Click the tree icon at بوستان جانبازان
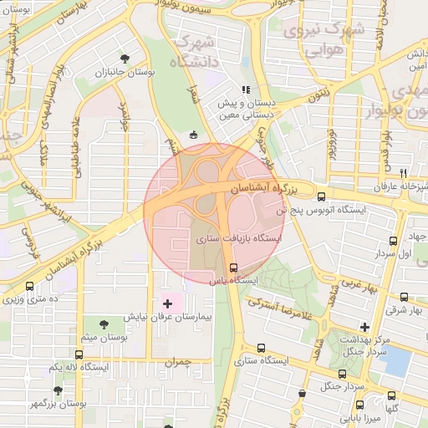pos(125,59)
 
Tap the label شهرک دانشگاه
pos(192,52)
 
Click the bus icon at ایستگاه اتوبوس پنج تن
pos(322,197)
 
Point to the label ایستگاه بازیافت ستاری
pos(240,239)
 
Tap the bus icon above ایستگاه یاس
pos(233,267)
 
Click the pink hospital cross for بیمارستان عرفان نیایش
pos(167,302)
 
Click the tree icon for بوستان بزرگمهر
pos(58,390)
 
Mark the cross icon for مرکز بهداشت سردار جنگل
pos(364,327)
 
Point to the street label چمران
pos(179,362)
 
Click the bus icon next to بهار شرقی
pos(405,297)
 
